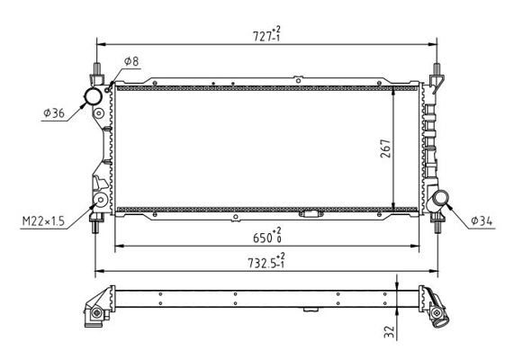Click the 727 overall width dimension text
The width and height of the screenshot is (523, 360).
tap(267, 35)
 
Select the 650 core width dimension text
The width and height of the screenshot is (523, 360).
tap(267, 237)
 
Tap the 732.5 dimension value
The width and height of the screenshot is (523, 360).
tap(267, 262)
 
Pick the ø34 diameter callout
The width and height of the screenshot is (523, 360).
tap(481, 220)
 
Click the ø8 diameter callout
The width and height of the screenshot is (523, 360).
tap(131, 61)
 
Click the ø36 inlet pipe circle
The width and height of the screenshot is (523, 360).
tap(93, 95)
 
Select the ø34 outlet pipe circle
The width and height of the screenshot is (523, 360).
tap(441, 199)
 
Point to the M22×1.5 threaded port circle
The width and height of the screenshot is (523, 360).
tap(102, 200)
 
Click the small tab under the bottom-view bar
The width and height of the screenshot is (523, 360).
tap(312, 310)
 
